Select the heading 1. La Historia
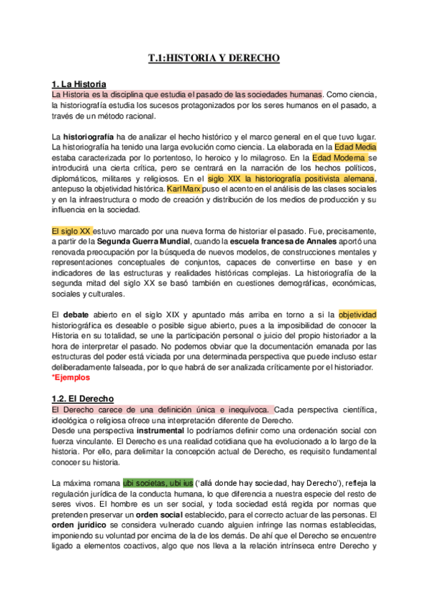(79, 84)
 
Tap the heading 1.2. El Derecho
(83, 398)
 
